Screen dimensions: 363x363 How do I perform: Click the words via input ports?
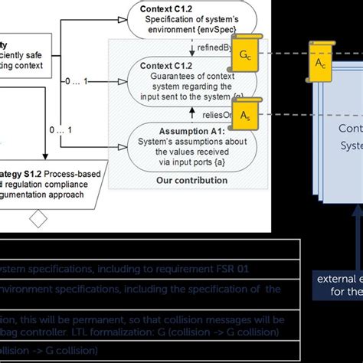(175, 163)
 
